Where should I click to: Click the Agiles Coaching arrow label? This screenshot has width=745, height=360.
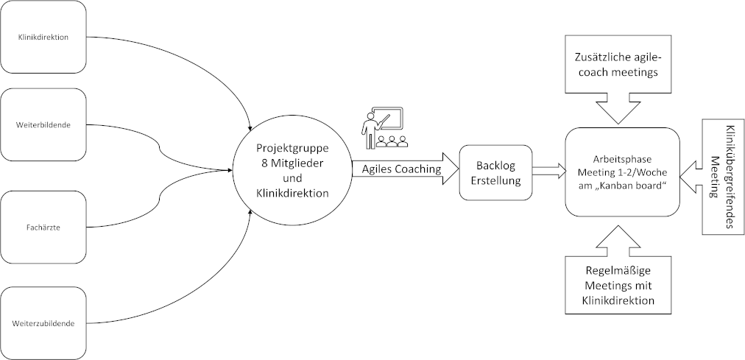click(x=401, y=169)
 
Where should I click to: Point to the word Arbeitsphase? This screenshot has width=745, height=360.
click(x=621, y=158)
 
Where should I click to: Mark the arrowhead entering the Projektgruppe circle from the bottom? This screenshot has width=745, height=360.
click(x=252, y=212)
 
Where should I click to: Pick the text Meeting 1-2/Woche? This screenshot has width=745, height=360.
click(x=621, y=172)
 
